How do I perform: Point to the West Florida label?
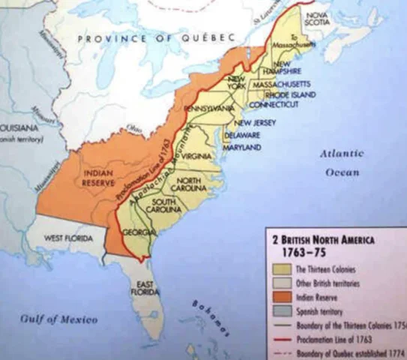coord(68,238)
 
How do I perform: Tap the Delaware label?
coord(243,135)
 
